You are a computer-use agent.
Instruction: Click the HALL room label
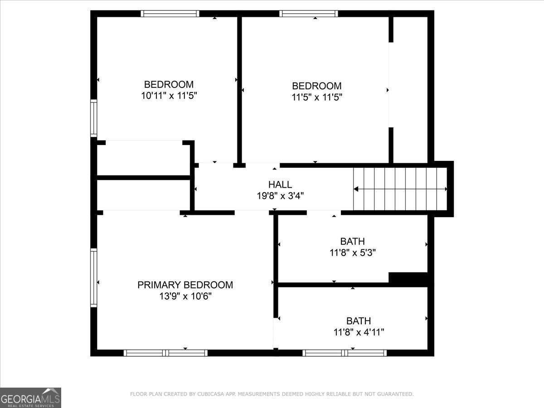(x=280, y=185)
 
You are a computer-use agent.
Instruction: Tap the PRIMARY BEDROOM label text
(x=185, y=285)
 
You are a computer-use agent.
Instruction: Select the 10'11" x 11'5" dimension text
(x=169, y=96)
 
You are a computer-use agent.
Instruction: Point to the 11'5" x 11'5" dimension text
(x=316, y=97)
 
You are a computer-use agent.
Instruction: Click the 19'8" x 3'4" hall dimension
(x=280, y=196)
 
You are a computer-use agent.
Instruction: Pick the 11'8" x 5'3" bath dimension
(x=352, y=253)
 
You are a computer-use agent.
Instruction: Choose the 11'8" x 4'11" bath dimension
(x=359, y=332)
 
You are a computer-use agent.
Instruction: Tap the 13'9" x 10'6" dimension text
(x=185, y=296)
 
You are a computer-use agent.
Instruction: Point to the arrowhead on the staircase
(x=356, y=189)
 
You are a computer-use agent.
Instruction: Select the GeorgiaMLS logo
(x=30, y=398)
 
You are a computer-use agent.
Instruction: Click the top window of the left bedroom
(x=170, y=14)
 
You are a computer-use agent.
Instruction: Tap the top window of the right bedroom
(x=309, y=14)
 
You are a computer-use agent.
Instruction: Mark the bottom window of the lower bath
(x=345, y=353)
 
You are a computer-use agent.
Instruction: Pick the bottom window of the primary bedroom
(x=165, y=353)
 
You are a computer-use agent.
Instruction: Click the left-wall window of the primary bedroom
(x=94, y=277)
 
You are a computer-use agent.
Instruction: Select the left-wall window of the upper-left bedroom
(x=94, y=118)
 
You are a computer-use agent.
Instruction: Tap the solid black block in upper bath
(x=408, y=278)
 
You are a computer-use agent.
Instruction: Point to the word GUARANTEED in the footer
(x=394, y=394)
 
